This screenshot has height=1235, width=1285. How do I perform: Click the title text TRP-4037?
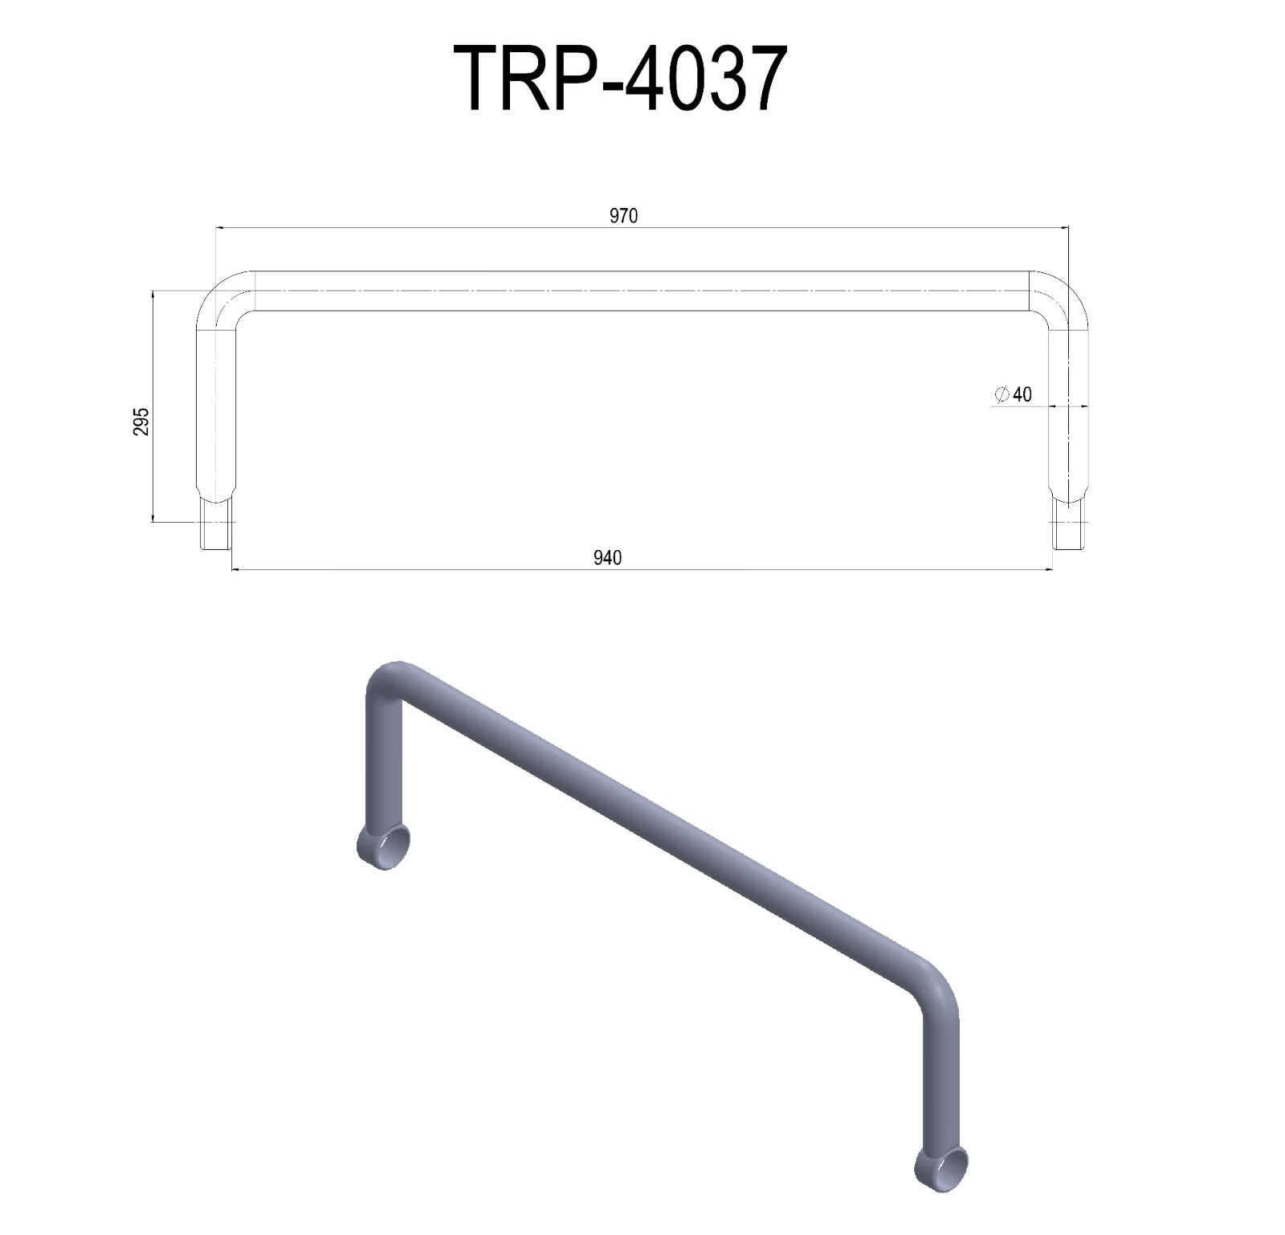(x=619, y=79)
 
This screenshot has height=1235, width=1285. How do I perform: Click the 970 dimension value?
(x=623, y=216)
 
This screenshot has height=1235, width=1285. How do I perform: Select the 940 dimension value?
(x=607, y=558)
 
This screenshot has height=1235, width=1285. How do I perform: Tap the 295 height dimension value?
(x=141, y=421)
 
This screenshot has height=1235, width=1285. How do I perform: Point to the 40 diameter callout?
(x=1022, y=394)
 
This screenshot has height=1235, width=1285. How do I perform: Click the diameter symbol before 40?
(x=1001, y=394)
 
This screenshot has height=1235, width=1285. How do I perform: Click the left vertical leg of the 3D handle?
(x=383, y=763)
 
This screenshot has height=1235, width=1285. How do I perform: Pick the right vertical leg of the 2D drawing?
(x=1069, y=410)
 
